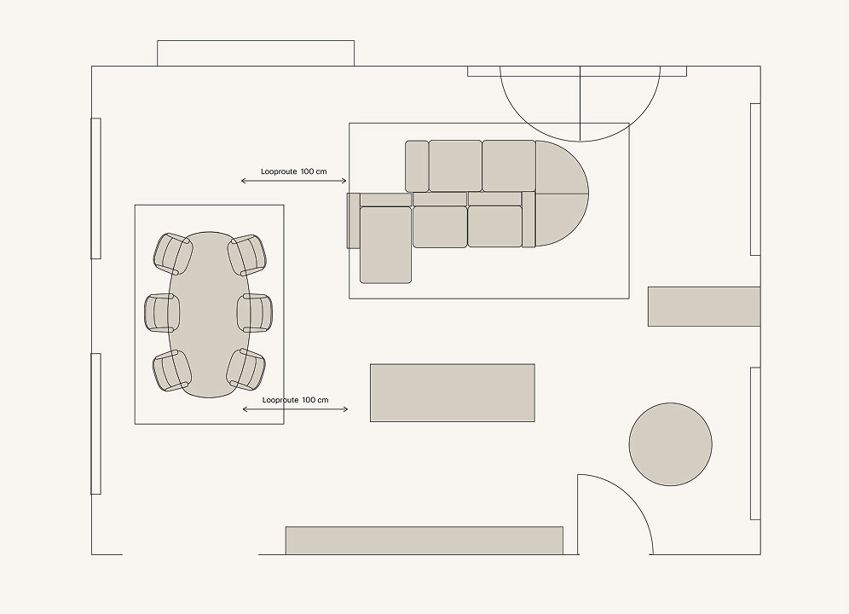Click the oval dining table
[209, 315]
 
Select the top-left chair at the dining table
[173, 253]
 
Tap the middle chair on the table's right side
[255, 313]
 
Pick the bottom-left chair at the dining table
[172, 371]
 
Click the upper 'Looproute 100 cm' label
[294, 171]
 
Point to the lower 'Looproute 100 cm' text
[295, 400]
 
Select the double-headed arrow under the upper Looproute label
[294, 181]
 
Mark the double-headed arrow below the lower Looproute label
[295, 409]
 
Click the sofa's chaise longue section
[385, 245]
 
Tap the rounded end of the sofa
[562, 194]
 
